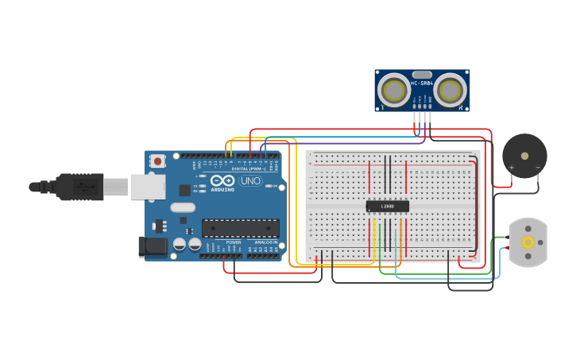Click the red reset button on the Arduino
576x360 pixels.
157,161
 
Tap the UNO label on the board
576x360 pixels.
250,180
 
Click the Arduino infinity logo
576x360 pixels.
222,180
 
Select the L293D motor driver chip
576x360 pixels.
388,206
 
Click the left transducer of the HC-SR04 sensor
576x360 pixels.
393,88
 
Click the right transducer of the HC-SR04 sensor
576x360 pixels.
450,88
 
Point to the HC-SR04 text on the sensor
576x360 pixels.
421,83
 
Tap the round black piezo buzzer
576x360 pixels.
524,156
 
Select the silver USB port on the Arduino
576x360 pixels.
148,187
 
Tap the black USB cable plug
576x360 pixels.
79,187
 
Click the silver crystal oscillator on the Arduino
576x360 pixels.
182,207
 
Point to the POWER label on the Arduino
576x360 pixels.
233,242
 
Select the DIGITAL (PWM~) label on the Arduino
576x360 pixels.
246,168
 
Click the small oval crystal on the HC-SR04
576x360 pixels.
422,74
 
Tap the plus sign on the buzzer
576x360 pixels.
512,168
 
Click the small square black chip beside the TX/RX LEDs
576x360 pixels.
185,189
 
